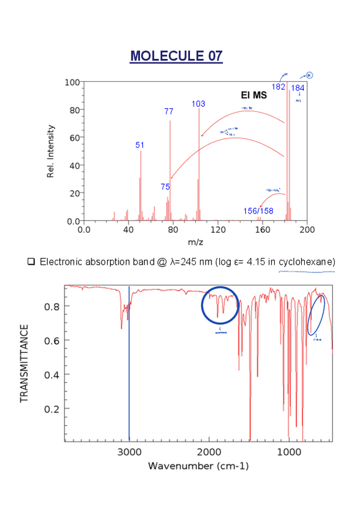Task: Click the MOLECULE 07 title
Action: coord(176,56)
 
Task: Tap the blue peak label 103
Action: coord(198,103)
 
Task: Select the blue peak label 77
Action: coord(168,111)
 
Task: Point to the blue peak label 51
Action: coord(140,145)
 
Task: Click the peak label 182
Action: coord(278,87)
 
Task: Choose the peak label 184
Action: coord(297,88)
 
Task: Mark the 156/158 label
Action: coord(258,210)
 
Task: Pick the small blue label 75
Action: coord(165,186)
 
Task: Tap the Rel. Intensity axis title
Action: coord(51,151)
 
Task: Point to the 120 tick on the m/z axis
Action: coord(218,229)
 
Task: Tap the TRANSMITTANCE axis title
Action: coord(25,363)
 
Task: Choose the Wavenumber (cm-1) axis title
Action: coord(198,466)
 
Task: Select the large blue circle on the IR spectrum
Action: coord(220,306)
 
